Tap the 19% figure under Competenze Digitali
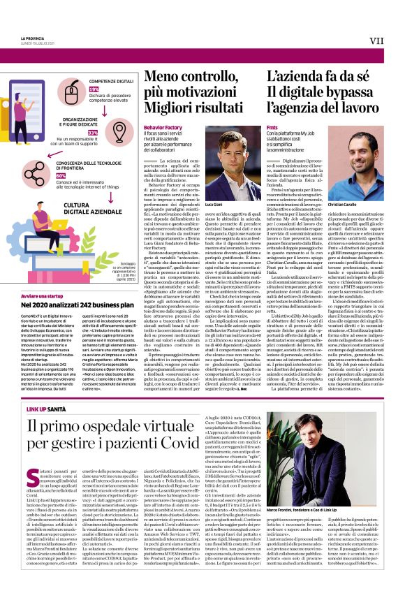point(93,90)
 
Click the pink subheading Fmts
point(272,128)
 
